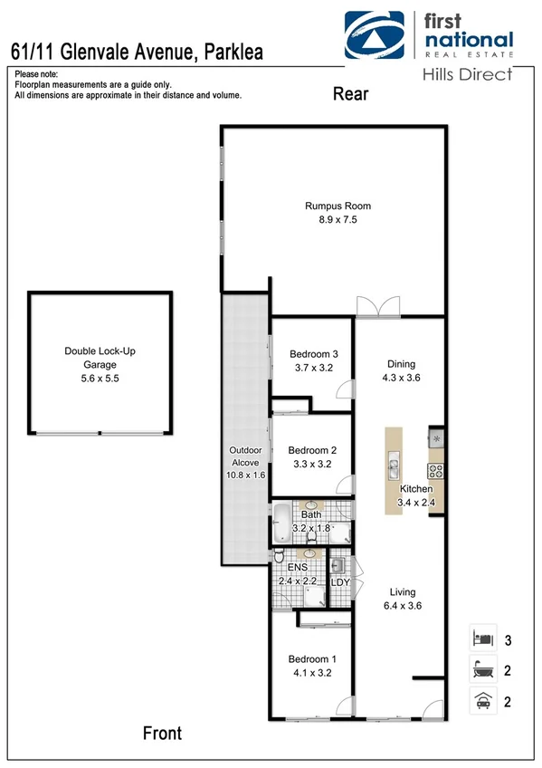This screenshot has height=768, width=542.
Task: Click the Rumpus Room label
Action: point(338,212)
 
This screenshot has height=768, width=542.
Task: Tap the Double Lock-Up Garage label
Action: point(99,358)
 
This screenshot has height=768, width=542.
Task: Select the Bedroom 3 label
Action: point(313,361)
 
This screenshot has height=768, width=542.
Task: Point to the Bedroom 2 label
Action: point(311,456)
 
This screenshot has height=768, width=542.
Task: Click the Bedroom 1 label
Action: point(312,666)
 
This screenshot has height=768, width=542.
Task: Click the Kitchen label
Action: point(415,495)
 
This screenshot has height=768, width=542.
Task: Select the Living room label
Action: point(402,600)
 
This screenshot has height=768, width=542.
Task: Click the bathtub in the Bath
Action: point(282,523)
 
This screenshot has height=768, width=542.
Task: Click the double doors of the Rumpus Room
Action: point(376,307)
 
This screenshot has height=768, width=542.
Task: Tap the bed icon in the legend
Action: point(481,638)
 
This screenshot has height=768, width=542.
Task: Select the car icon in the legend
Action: point(481,700)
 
